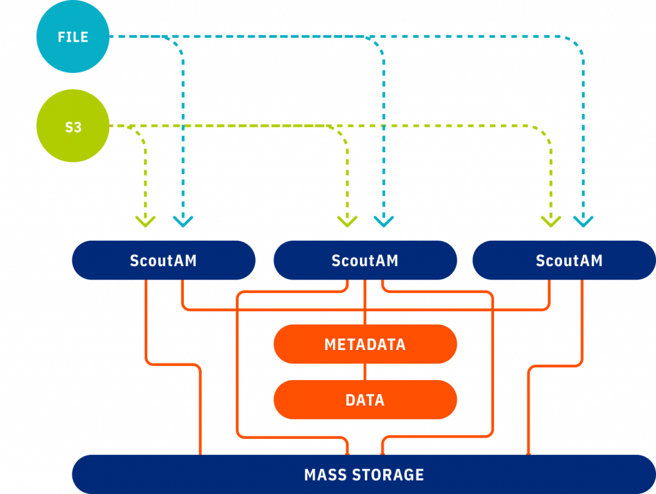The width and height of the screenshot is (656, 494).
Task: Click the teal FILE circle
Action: point(73,36)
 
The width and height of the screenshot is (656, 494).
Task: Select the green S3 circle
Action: point(73,126)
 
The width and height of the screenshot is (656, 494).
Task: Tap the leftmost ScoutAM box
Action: point(163,260)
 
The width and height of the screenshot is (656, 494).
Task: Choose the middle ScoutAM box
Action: point(365,260)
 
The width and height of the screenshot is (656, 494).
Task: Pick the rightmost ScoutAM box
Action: point(564,260)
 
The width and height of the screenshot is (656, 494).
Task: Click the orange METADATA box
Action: point(365,344)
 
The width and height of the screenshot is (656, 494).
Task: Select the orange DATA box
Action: point(365,399)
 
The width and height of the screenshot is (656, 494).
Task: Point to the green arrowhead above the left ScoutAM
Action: point(145,221)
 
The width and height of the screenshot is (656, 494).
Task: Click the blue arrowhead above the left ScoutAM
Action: point(183,221)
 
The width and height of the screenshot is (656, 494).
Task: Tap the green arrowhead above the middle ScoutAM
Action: point(347,221)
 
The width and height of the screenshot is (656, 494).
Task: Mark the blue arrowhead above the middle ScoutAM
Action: point(384,221)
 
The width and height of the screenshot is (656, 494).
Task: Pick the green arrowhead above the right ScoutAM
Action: point(550,221)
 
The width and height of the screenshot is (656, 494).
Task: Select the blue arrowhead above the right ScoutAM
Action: point(583,221)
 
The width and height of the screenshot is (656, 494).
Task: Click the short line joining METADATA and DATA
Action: point(365,372)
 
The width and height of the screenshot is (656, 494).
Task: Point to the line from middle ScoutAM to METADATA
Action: point(365,302)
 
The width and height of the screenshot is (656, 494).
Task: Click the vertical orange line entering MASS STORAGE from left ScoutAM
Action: point(201,411)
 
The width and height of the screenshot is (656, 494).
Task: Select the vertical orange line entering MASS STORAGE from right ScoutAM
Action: point(529,411)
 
